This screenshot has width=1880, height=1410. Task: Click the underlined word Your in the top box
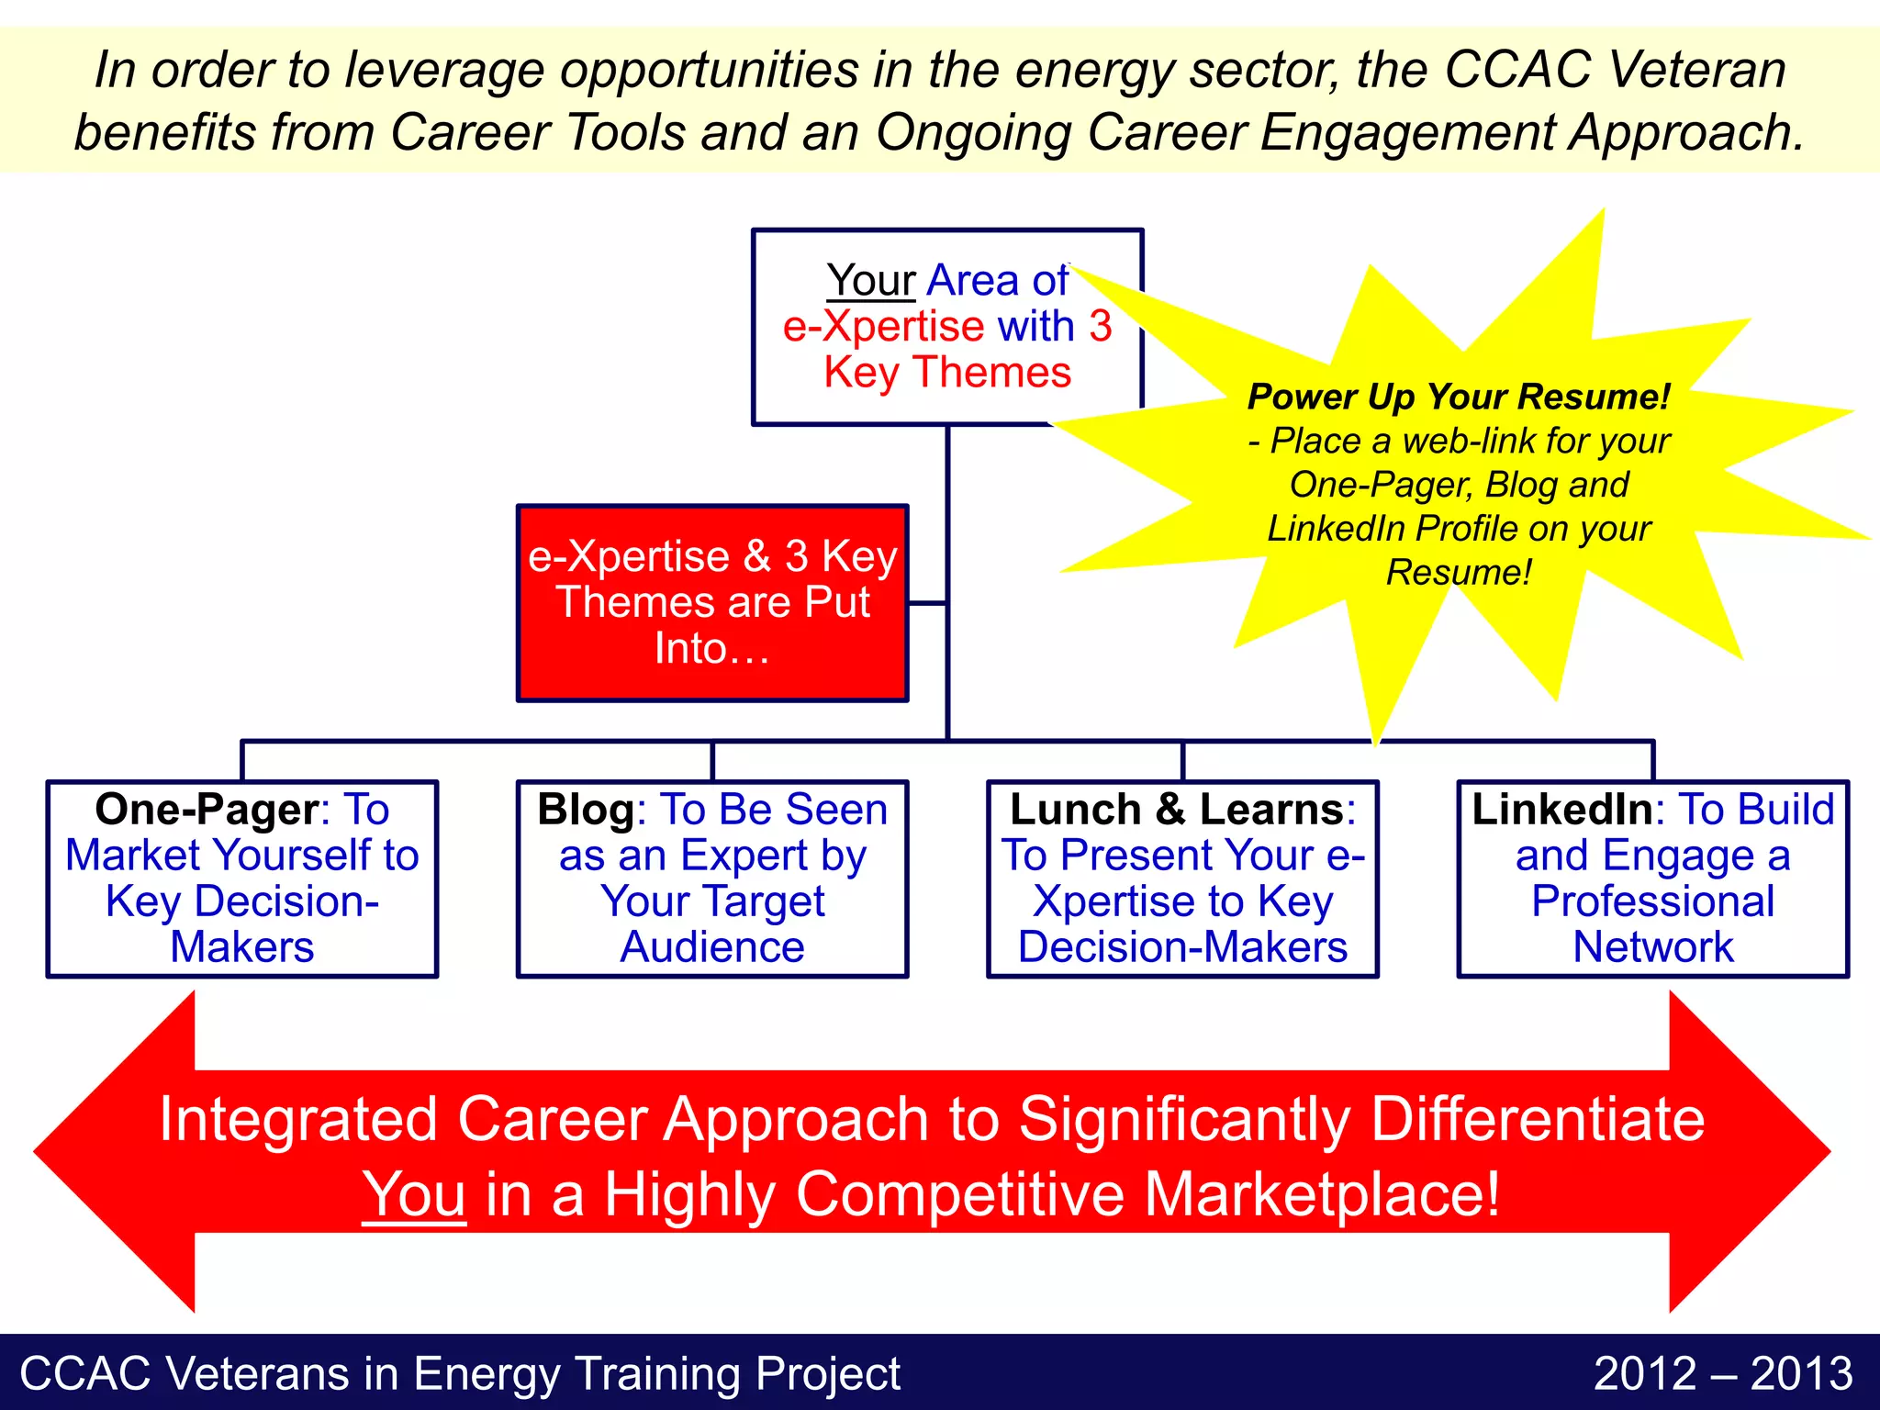pyautogui.click(x=870, y=280)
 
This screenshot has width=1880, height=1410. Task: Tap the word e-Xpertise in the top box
pyautogui.click(x=883, y=326)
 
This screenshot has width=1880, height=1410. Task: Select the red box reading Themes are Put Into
pyautogui.click(x=712, y=603)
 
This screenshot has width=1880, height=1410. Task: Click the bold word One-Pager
pyautogui.click(x=207, y=810)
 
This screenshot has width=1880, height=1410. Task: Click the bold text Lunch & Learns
pyautogui.click(x=1177, y=810)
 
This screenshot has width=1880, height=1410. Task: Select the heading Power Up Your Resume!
pyautogui.click(x=1459, y=397)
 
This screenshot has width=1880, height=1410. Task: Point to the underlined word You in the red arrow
pyautogui.click(x=414, y=1194)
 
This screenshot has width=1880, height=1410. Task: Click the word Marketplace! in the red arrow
pyautogui.click(x=1322, y=1194)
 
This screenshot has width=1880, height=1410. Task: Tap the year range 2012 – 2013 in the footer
pyautogui.click(x=1723, y=1374)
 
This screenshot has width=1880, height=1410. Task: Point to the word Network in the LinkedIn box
pyautogui.click(x=1652, y=947)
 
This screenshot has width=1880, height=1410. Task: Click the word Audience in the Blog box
pyautogui.click(x=712, y=947)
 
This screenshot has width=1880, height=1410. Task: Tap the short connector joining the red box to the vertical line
pyautogui.click(x=927, y=603)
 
